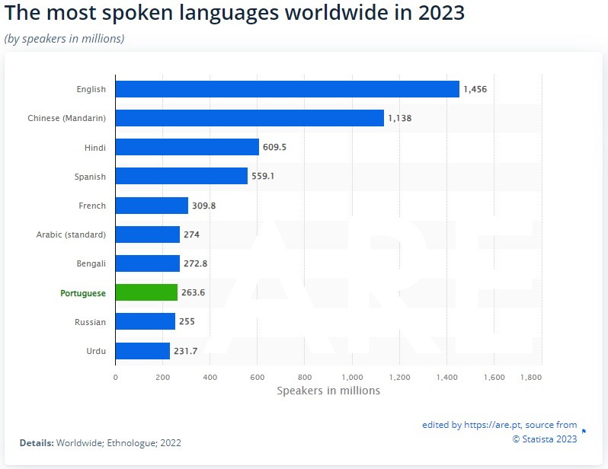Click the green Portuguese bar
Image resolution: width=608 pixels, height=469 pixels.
pyautogui.click(x=146, y=292)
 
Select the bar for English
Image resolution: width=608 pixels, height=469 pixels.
pyautogui.click(x=287, y=89)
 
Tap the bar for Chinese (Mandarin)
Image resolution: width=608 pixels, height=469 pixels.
pyautogui.click(x=249, y=118)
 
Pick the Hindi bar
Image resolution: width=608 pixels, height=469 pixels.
pyautogui.click(x=187, y=147)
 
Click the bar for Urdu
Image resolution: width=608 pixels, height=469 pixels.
pyautogui.click(x=142, y=351)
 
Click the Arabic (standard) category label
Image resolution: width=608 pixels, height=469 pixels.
pyautogui.click(x=71, y=234)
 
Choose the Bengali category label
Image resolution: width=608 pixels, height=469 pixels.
pyautogui.click(x=90, y=263)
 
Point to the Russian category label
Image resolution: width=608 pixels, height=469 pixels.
pyautogui.click(x=90, y=322)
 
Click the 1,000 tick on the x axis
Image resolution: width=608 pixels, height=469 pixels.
pyautogui.click(x=352, y=377)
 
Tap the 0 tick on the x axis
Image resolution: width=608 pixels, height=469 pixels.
pyautogui.click(x=116, y=377)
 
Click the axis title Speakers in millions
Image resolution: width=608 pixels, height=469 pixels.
pyautogui.click(x=328, y=391)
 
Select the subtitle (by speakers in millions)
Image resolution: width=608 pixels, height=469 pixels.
pyautogui.click(x=65, y=38)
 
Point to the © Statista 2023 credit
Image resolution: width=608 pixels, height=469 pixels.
pyautogui.click(x=544, y=438)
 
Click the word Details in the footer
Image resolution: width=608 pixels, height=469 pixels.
pyautogui.click(x=36, y=442)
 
